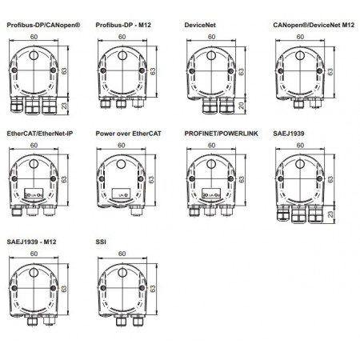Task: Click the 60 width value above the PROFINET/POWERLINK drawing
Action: (x=210, y=146)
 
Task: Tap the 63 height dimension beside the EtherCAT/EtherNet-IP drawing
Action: (x=66, y=181)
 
